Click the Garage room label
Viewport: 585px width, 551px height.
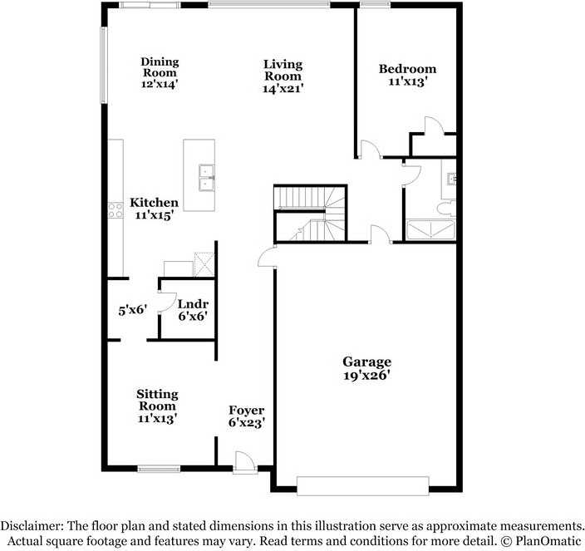point(367,362)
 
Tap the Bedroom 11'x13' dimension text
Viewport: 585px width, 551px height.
point(407,82)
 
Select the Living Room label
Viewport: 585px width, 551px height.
point(283,71)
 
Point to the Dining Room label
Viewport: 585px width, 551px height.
point(160,67)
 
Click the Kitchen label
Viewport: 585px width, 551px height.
point(154,203)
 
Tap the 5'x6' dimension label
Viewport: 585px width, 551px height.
point(132,310)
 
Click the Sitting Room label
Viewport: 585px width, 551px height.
point(157,400)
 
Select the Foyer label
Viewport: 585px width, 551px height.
point(247,411)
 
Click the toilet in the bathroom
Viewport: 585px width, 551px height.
point(447,208)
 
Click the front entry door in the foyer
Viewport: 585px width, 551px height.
point(244,463)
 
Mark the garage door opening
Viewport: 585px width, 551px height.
point(363,485)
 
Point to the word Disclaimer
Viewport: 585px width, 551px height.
point(31,526)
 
